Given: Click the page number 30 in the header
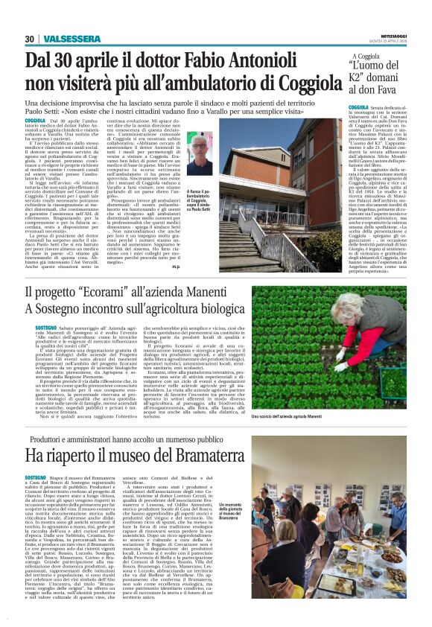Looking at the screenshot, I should pyautogui.click(x=29, y=39).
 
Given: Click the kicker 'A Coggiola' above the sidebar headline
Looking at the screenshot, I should pyautogui.click(x=365, y=56).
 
